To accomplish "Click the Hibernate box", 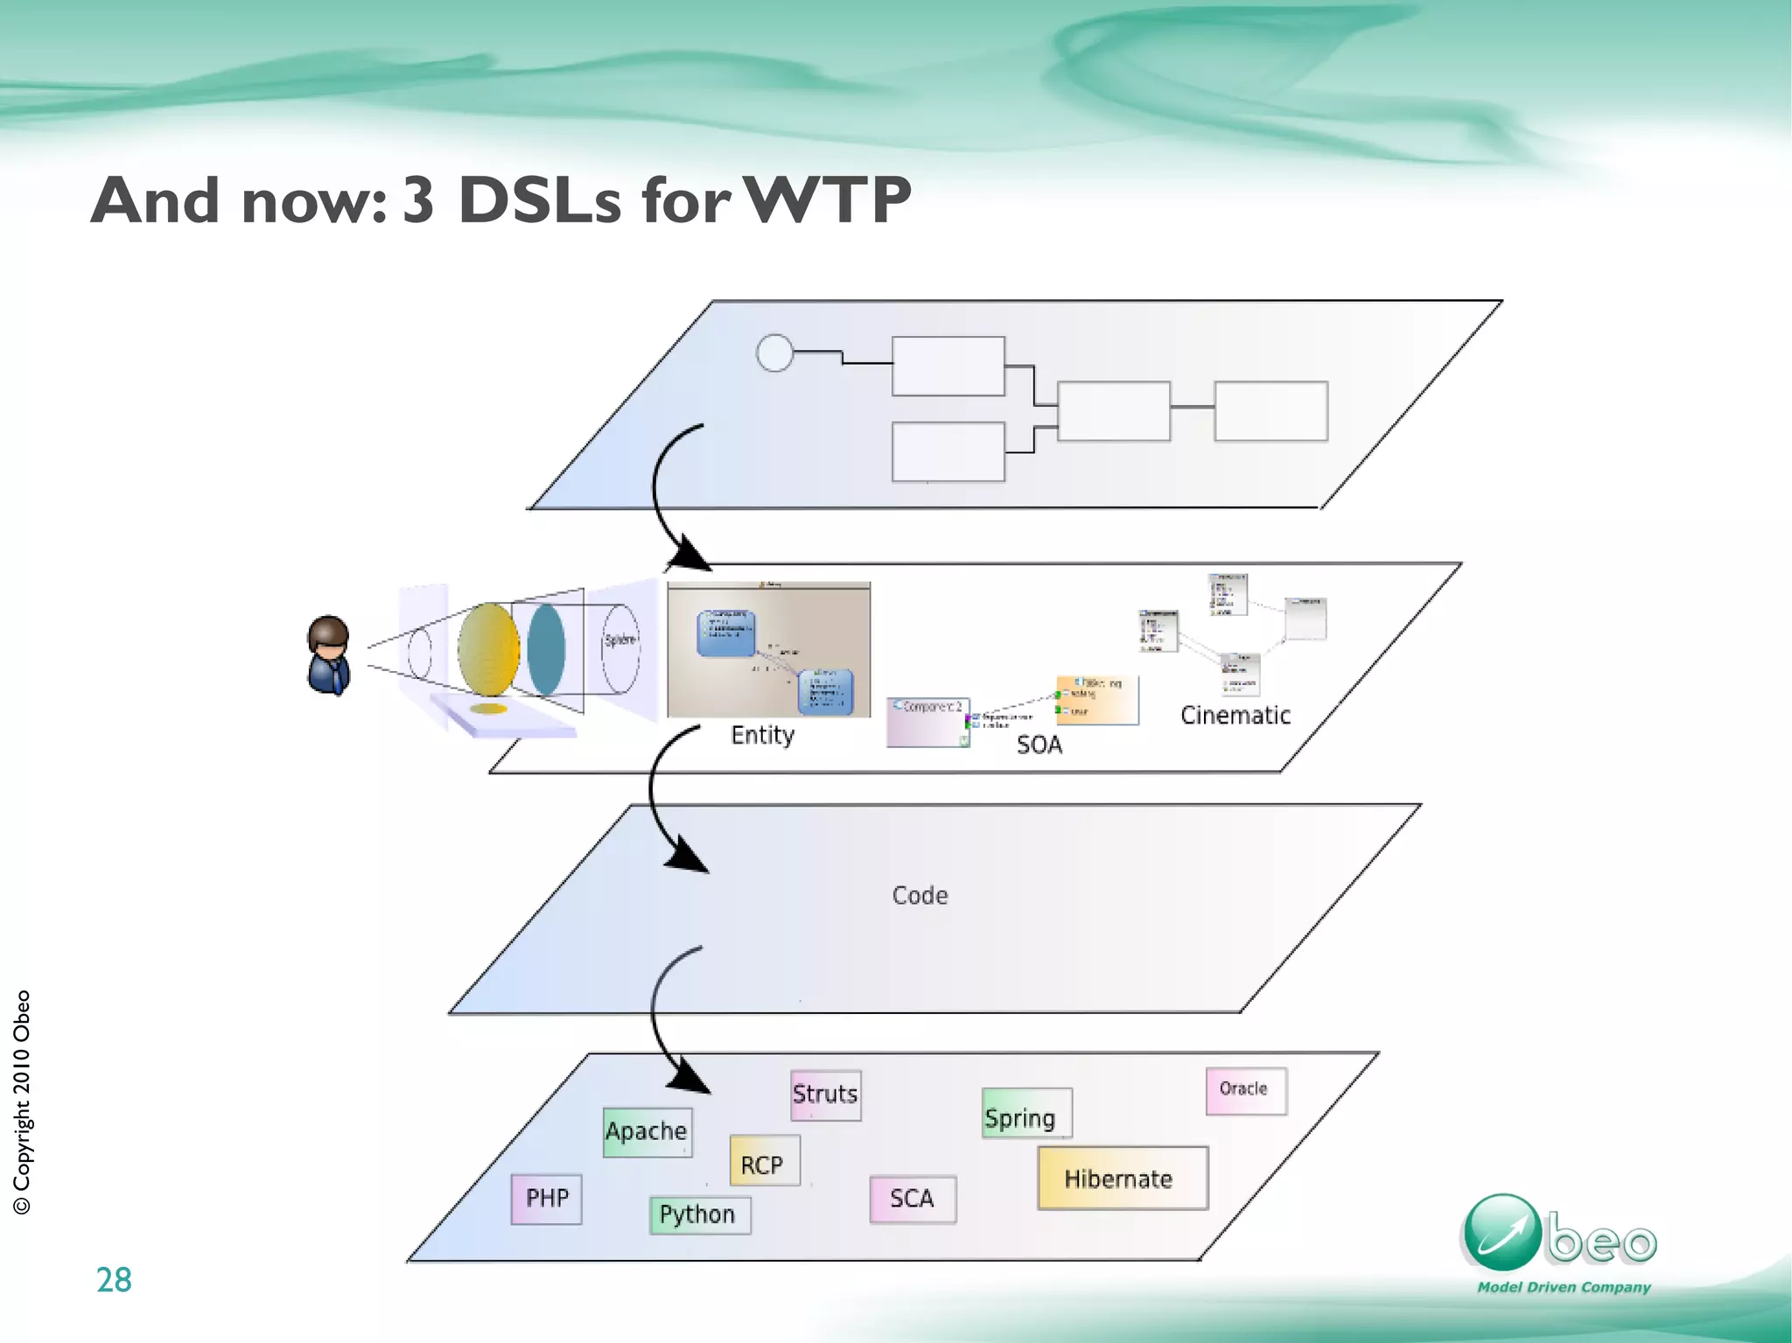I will tap(1122, 1178).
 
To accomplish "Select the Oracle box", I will tap(1245, 1090).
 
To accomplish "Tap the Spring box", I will tap(1025, 1113).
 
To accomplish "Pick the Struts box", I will tap(825, 1095).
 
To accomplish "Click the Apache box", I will tap(647, 1132).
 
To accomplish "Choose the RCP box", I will tap(763, 1161).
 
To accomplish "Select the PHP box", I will tap(546, 1199).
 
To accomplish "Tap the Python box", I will tap(699, 1215).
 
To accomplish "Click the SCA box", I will tap(912, 1199).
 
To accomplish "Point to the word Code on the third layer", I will tap(920, 895).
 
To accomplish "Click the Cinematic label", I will tap(1235, 716).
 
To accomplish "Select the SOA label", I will tap(1039, 745).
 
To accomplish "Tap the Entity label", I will tap(762, 735).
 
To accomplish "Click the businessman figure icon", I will tap(329, 655).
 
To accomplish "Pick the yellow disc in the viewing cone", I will tap(488, 649).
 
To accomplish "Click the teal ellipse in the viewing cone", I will tap(546, 649).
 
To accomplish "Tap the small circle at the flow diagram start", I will tap(774, 353).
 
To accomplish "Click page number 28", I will tap(114, 1280).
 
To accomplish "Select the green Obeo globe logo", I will tap(1501, 1232).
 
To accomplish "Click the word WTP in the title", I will tap(828, 200).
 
